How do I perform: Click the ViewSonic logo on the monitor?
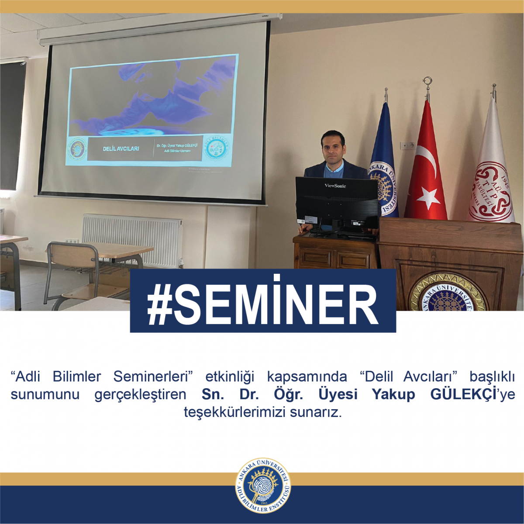click(335, 186)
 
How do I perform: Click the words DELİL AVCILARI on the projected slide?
click(121, 149)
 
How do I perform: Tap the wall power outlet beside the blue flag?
click(409, 145)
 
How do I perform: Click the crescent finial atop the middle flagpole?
click(427, 82)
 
